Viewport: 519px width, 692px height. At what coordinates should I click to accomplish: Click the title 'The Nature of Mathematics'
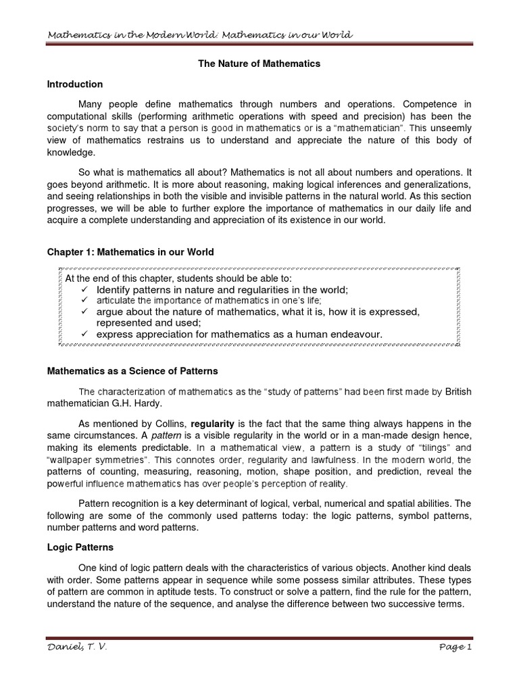coord(259,64)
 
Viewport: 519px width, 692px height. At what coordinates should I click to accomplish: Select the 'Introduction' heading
coord(74,84)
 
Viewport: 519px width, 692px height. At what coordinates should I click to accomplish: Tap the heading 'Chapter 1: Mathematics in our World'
coord(130,252)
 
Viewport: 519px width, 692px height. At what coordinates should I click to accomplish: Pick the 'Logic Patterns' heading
coord(80,547)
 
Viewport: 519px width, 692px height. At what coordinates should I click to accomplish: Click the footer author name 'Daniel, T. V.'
coord(76,648)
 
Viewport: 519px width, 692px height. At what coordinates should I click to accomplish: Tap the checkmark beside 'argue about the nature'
coord(84,312)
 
